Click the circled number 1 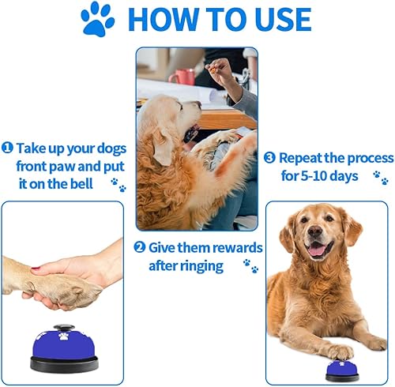click(7, 148)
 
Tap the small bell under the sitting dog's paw click(342, 369)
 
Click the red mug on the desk click(183, 77)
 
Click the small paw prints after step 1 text click(118, 184)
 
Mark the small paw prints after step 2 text click(251, 265)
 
